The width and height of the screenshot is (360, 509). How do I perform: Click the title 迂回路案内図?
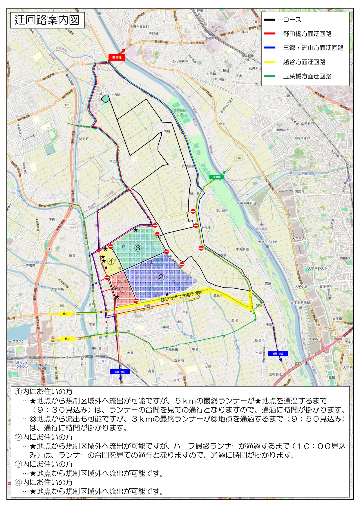47,20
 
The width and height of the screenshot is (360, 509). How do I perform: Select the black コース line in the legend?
269,20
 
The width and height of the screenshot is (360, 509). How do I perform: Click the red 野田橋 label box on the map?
117,57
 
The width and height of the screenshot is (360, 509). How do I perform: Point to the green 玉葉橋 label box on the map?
217,177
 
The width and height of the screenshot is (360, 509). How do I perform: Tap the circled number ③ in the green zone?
138,248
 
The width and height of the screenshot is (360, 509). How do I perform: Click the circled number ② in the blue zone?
161,277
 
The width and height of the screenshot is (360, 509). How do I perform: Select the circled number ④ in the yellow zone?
111,261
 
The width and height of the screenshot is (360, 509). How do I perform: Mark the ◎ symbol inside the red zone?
115,288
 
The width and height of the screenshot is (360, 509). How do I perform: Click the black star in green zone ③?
135,230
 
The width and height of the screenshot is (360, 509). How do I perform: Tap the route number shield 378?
67,105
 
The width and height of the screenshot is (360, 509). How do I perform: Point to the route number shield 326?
238,158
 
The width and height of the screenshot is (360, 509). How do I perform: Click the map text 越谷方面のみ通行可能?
181,296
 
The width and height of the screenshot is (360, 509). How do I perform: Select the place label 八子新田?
188,167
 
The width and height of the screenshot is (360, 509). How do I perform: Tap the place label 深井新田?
222,211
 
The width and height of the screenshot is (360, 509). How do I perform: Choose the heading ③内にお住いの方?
44,464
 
